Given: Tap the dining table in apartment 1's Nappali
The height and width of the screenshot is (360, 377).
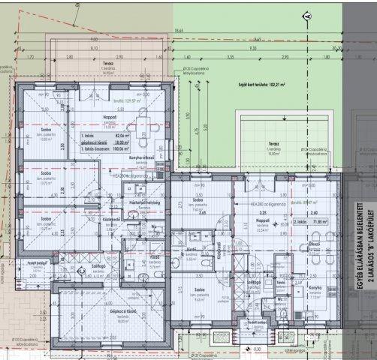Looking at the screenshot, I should [x=141, y=122].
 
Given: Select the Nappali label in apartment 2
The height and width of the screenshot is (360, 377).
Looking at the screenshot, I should [x=264, y=221].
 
